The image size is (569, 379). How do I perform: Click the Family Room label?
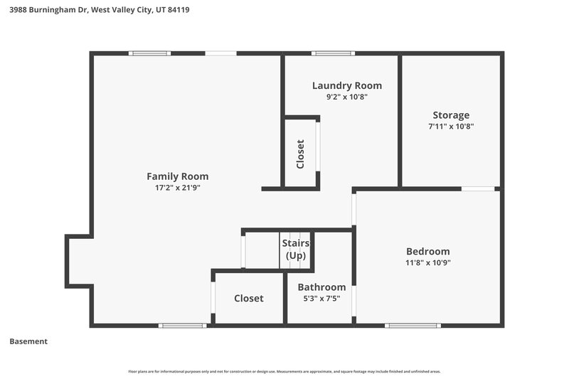point(177,176)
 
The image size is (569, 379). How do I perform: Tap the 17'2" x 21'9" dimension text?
point(177,188)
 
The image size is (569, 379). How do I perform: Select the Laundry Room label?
point(346,85)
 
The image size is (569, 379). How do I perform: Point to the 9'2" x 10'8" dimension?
point(346,97)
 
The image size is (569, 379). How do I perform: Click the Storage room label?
point(451,115)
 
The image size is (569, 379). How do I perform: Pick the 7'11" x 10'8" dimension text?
point(451,127)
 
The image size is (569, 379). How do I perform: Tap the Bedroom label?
point(427,251)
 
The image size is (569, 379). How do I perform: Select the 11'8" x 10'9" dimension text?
point(427,262)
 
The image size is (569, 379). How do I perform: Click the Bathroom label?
point(321,287)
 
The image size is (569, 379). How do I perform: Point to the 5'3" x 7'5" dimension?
point(321,299)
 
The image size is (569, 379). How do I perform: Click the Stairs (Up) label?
point(295,249)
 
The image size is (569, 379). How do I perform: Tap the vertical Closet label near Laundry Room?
point(300,154)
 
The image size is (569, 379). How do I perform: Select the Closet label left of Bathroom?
point(249,299)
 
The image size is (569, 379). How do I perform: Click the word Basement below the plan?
point(28,341)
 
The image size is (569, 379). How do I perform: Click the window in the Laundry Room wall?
point(333,53)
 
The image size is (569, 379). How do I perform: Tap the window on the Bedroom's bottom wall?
point(413,325)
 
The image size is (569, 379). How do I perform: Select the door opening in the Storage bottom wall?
point(478,188)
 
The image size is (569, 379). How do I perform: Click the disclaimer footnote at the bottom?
point(284,371)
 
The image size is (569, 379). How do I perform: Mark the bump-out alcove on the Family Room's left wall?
point(78,261)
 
